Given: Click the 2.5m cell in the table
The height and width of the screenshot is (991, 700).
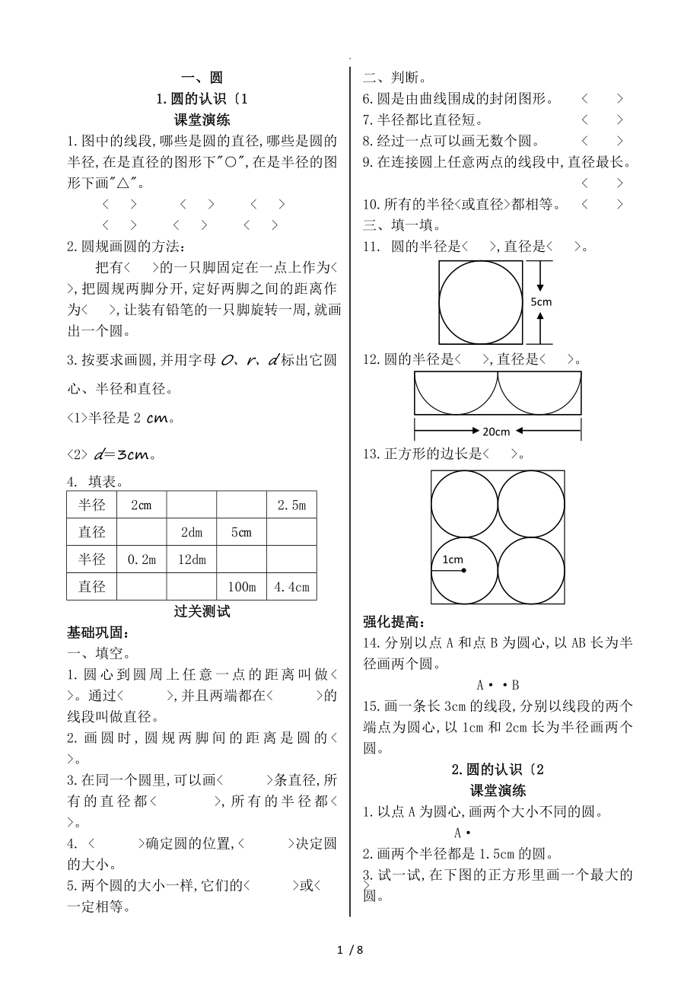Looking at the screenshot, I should (291, 505).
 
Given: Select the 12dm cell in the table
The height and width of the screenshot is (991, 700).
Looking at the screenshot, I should (192, 559).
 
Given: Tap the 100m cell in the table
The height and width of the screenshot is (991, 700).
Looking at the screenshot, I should (241, 587).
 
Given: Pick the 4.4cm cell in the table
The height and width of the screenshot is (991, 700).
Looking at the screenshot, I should (291, 587).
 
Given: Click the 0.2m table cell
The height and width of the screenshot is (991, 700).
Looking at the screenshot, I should (142, 559).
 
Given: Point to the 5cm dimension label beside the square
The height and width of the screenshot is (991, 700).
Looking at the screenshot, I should (541, 301).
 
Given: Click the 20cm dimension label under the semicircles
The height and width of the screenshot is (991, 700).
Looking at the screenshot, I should (497, 432).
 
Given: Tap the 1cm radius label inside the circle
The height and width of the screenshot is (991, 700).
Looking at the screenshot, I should (453, 559).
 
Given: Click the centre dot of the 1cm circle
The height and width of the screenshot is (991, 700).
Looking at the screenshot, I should (464, 570).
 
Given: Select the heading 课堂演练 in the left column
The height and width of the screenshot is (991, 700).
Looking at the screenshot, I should (202, 119).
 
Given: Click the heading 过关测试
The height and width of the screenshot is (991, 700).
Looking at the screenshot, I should (202, 611).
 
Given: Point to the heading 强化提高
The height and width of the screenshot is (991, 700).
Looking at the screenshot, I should (395, 621).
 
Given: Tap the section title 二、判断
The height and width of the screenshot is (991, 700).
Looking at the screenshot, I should (394, 77).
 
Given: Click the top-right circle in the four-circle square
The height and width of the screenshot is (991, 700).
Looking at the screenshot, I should (531, 504).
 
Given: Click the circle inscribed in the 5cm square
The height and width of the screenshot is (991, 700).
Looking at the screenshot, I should (480, 302).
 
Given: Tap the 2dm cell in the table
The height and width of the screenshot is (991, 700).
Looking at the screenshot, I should (192, 533).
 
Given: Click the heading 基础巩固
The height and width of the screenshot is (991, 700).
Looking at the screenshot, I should (100, 633).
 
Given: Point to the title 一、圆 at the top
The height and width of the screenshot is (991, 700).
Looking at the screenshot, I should (202, 77).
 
